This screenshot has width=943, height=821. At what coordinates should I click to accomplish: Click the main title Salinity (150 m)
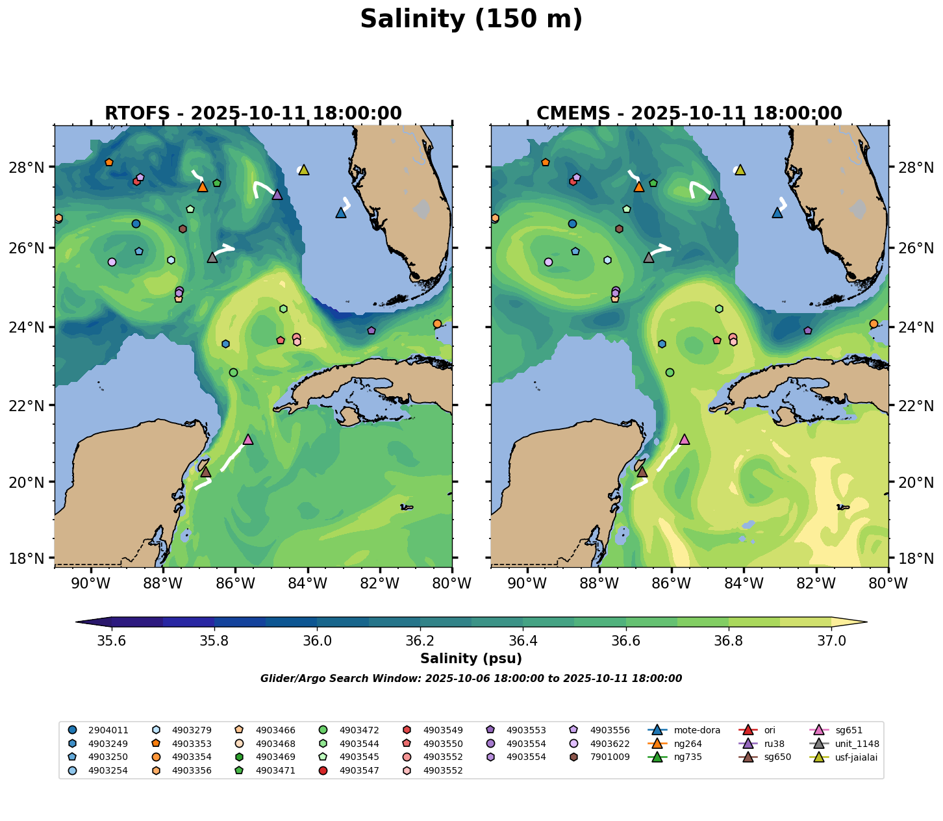tap(471, 19)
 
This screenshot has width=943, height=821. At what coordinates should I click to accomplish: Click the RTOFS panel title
tap(253, 114)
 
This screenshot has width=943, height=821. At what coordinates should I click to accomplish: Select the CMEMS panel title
tap(689, 114)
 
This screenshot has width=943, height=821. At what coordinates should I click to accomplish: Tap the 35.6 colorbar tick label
tap(112, 640)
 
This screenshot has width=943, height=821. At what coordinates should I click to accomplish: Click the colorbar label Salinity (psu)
tap(471, 659)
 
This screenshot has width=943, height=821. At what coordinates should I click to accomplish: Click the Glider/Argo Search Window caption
tap(471, 679)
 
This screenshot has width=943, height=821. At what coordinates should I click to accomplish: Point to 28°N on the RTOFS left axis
tap(31, 168)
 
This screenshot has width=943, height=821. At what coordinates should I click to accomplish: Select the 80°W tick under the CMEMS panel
tap(888, 584)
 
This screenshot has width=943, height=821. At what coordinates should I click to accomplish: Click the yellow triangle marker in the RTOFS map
tap(303, 170)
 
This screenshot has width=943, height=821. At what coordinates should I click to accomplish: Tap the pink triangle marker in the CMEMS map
tap(684, 440)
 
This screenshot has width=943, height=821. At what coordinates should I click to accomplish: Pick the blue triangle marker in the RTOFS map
tap(341, 213)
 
